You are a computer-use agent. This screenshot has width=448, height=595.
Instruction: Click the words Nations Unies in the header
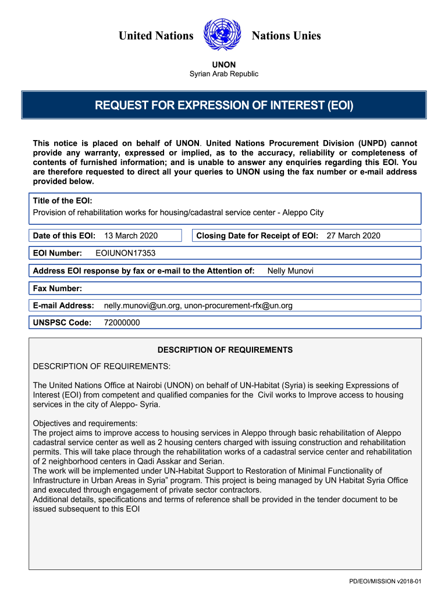[286, 36]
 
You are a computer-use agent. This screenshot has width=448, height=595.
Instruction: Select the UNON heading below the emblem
[223, 64]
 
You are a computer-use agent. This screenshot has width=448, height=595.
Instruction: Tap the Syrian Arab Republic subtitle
[223, 74]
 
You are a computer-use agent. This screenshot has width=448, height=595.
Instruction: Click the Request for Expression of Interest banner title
[223, 106]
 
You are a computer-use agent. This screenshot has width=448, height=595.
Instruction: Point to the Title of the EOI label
[62, 200]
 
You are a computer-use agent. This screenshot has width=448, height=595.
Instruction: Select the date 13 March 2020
[130, 235]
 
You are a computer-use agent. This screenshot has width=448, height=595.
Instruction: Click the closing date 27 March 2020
[353, 235]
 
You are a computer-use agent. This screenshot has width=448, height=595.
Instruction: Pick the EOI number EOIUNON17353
[125, 253]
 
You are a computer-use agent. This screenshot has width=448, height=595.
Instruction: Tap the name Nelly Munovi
[290, 270]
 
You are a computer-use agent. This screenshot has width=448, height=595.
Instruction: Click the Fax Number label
[58, 288]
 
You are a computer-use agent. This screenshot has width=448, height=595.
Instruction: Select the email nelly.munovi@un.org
[142, 306]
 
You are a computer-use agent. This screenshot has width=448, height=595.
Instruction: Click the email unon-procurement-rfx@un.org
[239, 306]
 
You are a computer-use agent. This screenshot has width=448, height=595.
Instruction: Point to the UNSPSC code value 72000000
[122, 322]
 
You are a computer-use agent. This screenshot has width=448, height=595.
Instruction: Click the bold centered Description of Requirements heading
[225, 350]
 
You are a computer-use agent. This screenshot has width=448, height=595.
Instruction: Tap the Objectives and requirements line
[85, 423]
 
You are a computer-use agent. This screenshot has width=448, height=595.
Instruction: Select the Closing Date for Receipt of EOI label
[257, 235]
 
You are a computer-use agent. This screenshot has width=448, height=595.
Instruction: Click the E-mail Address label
[63, 306]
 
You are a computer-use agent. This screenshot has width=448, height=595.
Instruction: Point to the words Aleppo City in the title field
[303, 213]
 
